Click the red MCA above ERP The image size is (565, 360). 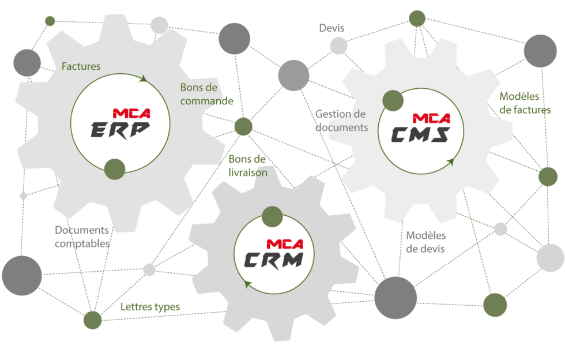[131, 113]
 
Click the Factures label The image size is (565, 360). [81, 66]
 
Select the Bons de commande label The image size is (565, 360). [206, 95]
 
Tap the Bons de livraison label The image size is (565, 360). [247, 165]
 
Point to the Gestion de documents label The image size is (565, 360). [341, 121]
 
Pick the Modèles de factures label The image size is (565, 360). [525, 103]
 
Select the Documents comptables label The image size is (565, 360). [82, 237]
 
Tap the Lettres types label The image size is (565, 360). [150, 307]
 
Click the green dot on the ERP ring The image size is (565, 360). [114, 168]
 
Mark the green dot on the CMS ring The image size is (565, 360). [393, 100]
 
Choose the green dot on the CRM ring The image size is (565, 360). [272, 216]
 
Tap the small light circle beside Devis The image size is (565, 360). [339, 46]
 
